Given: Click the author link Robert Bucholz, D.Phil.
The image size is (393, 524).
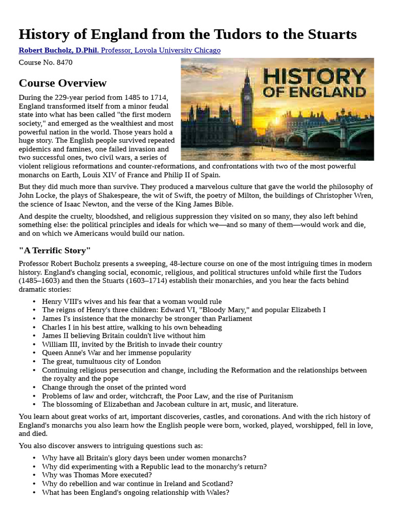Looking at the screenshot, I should click(x=59, y=50).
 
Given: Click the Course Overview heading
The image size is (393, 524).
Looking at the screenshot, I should click(x=62, y=83).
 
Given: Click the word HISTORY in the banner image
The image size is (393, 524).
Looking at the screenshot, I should click(x=315, y=77).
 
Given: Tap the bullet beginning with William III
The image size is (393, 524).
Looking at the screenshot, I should click(x=132, y=344).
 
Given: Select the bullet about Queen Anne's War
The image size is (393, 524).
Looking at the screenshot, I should click(x=116, y=353).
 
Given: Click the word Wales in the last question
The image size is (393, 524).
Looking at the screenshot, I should click(x=219, y=492).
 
